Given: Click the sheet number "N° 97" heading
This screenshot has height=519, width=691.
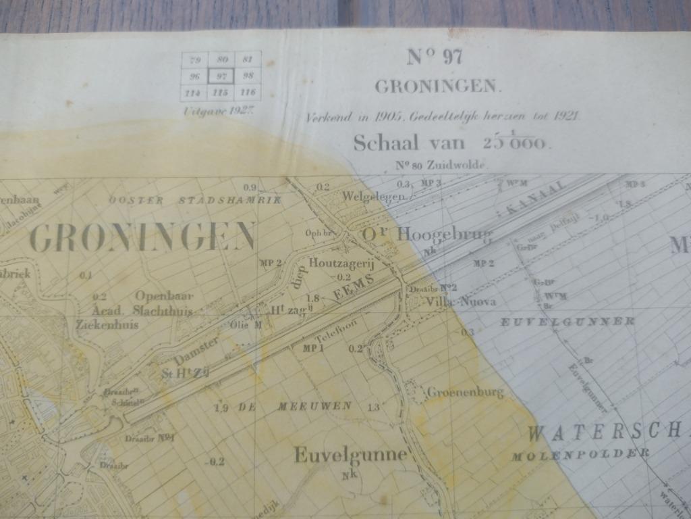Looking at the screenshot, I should tap(435, 58).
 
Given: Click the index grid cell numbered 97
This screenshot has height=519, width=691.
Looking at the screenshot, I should tap(221, 76).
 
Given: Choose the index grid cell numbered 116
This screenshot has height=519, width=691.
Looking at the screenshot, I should tap(248, 92).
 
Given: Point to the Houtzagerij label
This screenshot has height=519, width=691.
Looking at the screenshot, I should tap(341, 263).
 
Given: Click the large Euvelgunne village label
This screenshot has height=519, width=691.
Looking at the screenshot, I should tap(350, 454).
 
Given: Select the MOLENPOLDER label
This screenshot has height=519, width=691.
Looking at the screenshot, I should tap(580, 454).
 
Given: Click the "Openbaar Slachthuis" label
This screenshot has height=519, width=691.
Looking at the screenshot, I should tap(164, 303).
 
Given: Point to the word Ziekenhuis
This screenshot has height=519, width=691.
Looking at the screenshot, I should tap(107, 324).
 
